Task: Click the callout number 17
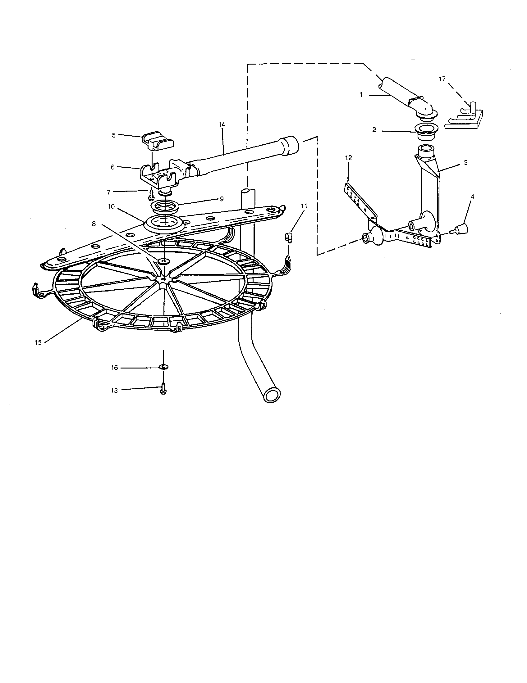click(442, 79)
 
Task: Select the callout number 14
click(222, 124)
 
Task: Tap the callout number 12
click(349, 158)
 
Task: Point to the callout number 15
click(38, 342)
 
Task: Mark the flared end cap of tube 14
click(291, 145)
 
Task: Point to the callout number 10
click(112, 206)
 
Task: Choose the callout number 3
click(466, 163)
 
